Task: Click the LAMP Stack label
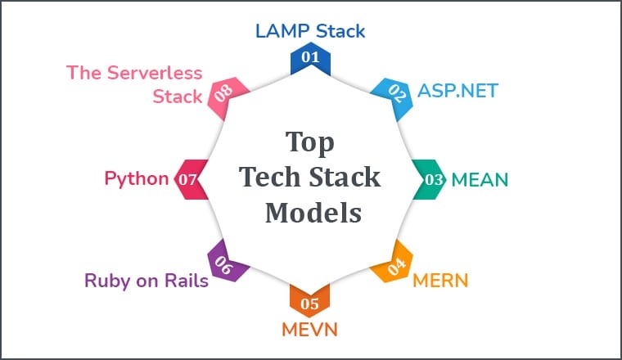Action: (310, 31)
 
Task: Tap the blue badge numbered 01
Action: (310, 59)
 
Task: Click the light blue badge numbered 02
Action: (396, 92)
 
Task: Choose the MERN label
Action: (440, 281)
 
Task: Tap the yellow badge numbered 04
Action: (395, 266)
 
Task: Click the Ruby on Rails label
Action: (146, 281)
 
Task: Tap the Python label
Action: (137, 178)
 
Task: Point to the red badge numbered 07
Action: (189, 179)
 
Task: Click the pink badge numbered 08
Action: (223, 94)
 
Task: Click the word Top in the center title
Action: (310, 142)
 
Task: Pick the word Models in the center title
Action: (310, 212)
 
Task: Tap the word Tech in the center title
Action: (267, 178)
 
